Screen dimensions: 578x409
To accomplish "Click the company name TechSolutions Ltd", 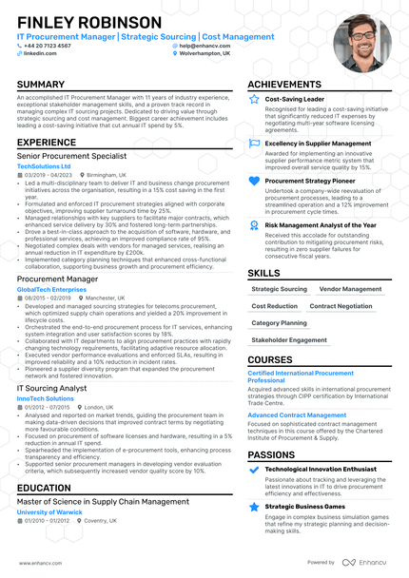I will [45, 165].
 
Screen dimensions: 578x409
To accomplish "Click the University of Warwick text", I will [49, 512].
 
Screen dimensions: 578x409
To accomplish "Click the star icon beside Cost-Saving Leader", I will [254, 99].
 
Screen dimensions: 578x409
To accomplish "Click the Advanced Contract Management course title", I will [297, 415].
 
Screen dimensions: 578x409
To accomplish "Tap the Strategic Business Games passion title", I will [305, 507].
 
